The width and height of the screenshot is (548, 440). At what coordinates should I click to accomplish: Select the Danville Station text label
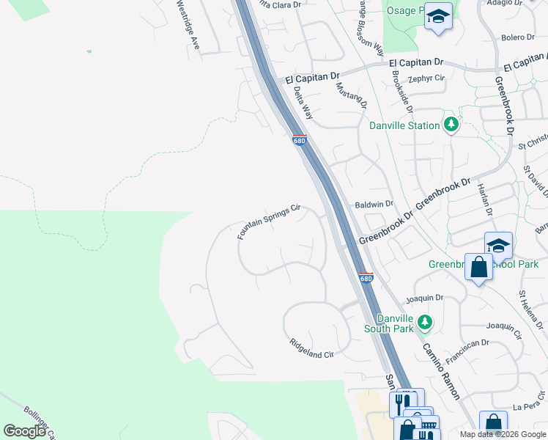404,125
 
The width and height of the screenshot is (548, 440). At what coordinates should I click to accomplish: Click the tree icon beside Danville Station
451,125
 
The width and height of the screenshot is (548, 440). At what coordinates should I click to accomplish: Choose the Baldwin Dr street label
374,204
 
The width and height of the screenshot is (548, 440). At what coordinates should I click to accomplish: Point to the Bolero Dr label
518,37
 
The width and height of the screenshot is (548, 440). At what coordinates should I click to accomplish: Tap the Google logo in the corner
24,431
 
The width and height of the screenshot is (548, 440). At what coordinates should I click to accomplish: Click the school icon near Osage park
438,15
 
